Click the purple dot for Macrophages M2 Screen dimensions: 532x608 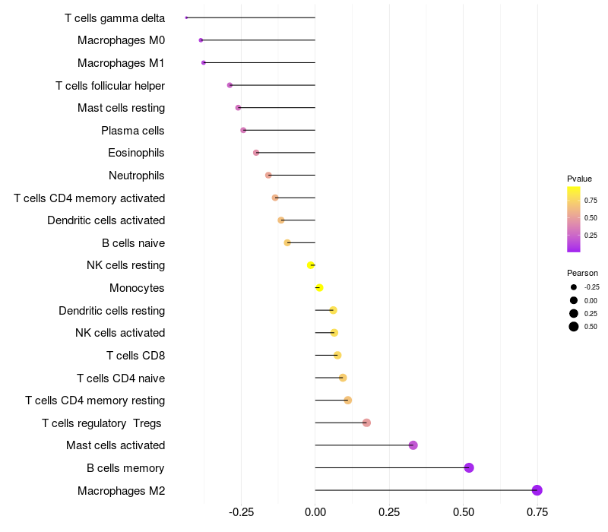(x=537, y=490)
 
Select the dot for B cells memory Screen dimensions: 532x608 (x=469, y=467)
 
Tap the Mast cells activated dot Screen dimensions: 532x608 (x=413, y=445)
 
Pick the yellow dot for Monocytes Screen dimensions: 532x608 (x=319, y=288)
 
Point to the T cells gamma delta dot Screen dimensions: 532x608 (x=186, y=17)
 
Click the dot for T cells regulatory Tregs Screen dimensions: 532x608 (x=366, y=423)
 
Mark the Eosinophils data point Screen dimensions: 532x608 (x=256, y=153)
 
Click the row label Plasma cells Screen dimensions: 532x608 (x=133, y=131)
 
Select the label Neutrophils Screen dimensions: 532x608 (x=137, y=176)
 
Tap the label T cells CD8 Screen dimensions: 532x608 (x=135, y=356)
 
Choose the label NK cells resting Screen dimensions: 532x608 (x=125, y=265)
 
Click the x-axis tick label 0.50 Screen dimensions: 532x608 (x=464, y=512)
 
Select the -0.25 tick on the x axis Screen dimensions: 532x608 (x=241, y=512)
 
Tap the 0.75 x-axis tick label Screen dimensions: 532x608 (x=538, y=512)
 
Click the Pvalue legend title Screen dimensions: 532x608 (x=579, y=179)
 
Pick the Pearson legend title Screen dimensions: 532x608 (x=582, y=273)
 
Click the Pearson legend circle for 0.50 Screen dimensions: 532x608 (x=574, y=327)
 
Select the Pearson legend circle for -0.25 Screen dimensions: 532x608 (x=574, y=287)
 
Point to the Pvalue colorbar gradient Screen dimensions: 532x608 (x=574, y=219)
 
